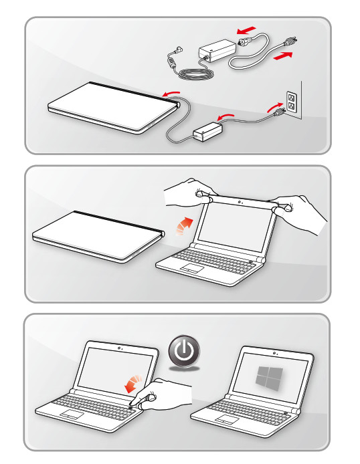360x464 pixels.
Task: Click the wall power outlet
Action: click(x=291, y=102)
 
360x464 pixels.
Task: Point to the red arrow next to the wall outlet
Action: click(x=275, y=105)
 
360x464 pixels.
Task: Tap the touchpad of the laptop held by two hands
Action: click(x=192, y=269)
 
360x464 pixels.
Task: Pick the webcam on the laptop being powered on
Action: click(x=118, y=348)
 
